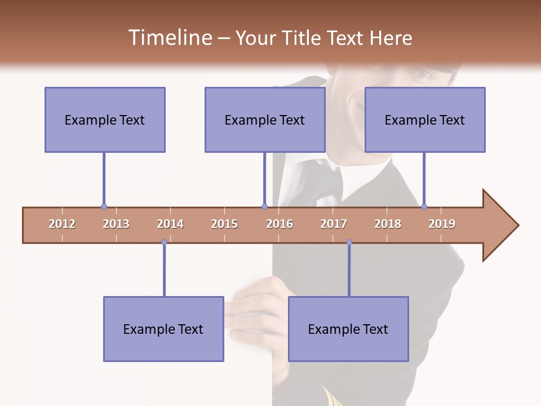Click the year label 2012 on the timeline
point(62,224)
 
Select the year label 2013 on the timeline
point(116,224)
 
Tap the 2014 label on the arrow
point(170,224)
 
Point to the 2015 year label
point(224,224)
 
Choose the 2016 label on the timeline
point(280,224)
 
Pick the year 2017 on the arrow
point(334,224)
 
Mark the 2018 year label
point(388,224)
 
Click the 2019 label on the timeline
point(442,224)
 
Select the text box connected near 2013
point(105,120)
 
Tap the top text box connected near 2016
point(265,120)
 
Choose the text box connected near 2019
point(425,120)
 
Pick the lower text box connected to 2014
point(163,329)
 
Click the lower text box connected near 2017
point(348,329)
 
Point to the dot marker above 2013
point(104,207)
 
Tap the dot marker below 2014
point(164,242)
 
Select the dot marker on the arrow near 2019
point(424,207)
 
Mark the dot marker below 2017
point(349,242)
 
